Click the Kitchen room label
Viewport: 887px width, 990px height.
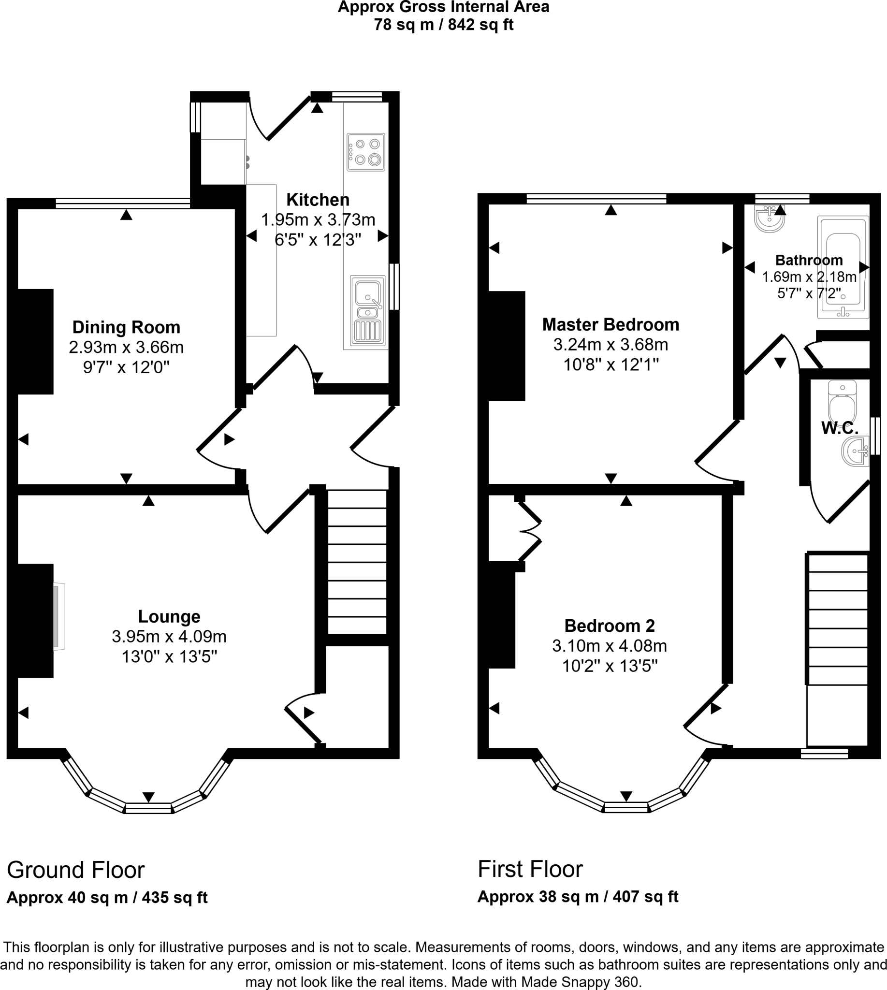(317, 200)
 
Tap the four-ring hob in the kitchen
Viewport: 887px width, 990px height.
(365, 152)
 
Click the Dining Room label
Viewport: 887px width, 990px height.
(126, 327)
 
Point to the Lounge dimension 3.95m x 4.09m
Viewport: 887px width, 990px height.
(169, 637)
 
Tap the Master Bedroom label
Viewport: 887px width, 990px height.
(610, 325)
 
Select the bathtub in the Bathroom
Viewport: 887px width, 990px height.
(843, 267)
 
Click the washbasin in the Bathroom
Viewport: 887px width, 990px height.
(770, 219)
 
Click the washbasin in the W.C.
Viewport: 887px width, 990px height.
(855, 451)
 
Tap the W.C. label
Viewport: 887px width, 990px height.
(839, 428)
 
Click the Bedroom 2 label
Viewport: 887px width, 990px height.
(609, 626)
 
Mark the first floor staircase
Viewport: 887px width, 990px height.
(837, 619)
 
